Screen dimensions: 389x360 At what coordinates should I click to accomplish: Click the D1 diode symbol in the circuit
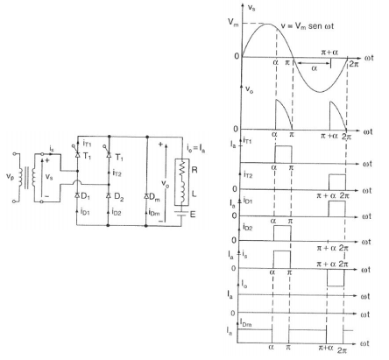point(77,195)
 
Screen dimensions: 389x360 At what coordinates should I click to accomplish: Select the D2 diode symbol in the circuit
point(109,195)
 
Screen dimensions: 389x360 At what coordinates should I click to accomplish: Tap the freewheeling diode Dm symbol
point(146,196)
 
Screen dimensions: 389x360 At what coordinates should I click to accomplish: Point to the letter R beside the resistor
point(194,170)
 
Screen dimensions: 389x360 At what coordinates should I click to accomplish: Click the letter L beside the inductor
point(194,194)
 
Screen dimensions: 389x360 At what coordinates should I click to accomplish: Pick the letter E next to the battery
point(193,215)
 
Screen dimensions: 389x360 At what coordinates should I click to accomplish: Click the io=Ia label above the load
point(195,148)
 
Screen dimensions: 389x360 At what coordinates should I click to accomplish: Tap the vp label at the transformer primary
point(10,176)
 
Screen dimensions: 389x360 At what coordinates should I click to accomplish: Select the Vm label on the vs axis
point(233,22)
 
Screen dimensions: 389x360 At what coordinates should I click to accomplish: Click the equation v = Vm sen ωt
point(308,26)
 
